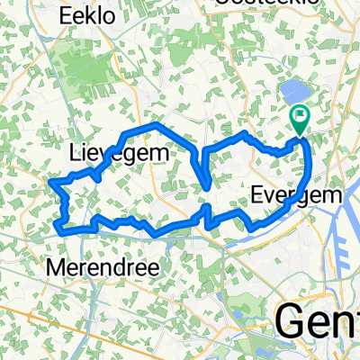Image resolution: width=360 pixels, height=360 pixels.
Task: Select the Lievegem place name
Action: click(119, 156)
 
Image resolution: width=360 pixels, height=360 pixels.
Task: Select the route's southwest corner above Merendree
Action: click(60, 227)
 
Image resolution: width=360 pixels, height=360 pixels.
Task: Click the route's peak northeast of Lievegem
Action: click(155, 123)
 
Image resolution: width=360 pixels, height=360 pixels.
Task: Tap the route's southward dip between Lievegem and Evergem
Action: click(210, 187)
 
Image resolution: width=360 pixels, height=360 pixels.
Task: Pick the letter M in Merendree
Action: click(56, 268)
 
